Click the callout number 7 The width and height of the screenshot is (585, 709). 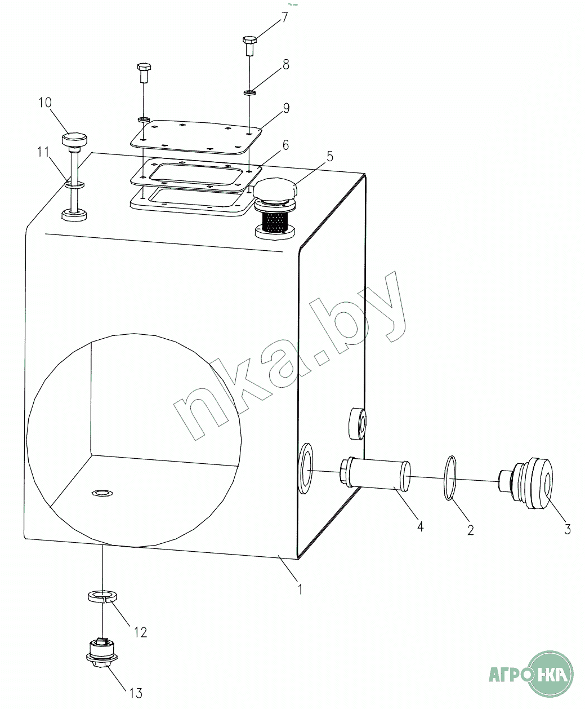(x=284, y=17)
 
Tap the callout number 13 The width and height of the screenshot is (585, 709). (x=136, y=693)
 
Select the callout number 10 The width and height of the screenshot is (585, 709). (x=45, y=102)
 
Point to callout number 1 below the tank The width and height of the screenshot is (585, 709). (x=300, y=588)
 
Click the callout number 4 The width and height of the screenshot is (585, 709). (x=420, y=527)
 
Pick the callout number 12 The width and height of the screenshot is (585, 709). (x=141, y=632)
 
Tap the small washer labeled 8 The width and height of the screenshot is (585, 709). (x=249, y=92)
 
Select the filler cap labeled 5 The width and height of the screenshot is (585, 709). (x=276, y=191)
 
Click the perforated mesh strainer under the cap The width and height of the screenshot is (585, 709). (x=275, y=221)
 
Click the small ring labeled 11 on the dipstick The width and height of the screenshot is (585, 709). (x=74, y=185)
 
